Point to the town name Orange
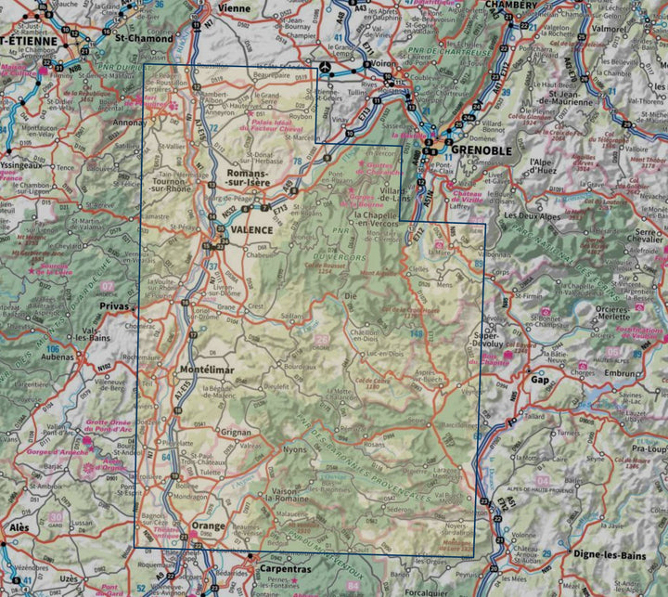tap(208, 526)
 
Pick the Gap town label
tap(540, 380)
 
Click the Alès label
tap(17, 526)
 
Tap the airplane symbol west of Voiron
tap(326, 70)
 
